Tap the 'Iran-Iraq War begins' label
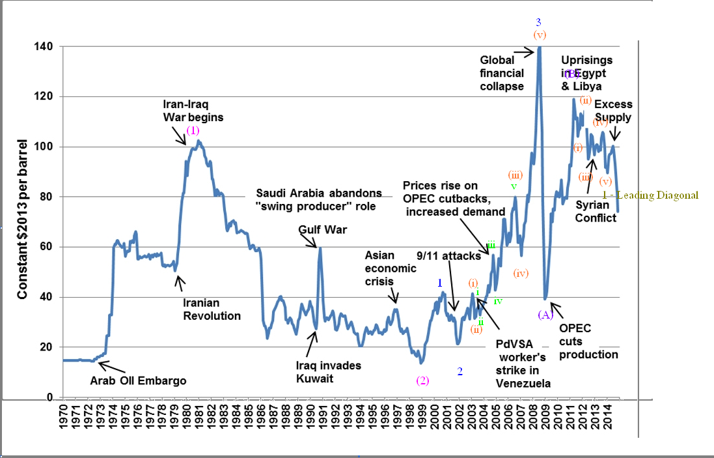tap(193, 111)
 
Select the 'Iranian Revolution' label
tap(212, 309)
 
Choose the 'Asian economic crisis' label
tap(389, 268)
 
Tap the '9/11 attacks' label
tap(449, 256)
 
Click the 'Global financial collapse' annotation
tap(502, 73)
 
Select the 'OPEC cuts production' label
tap(588, 341)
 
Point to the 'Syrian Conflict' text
tap(596, 212)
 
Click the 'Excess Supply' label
tap(613, 111)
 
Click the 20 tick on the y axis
tap(47, 347)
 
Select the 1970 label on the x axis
tap(64, 420)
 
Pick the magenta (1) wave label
tap(193, 130)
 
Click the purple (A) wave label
tap(545, 315)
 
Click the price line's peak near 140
tap(539, 48)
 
